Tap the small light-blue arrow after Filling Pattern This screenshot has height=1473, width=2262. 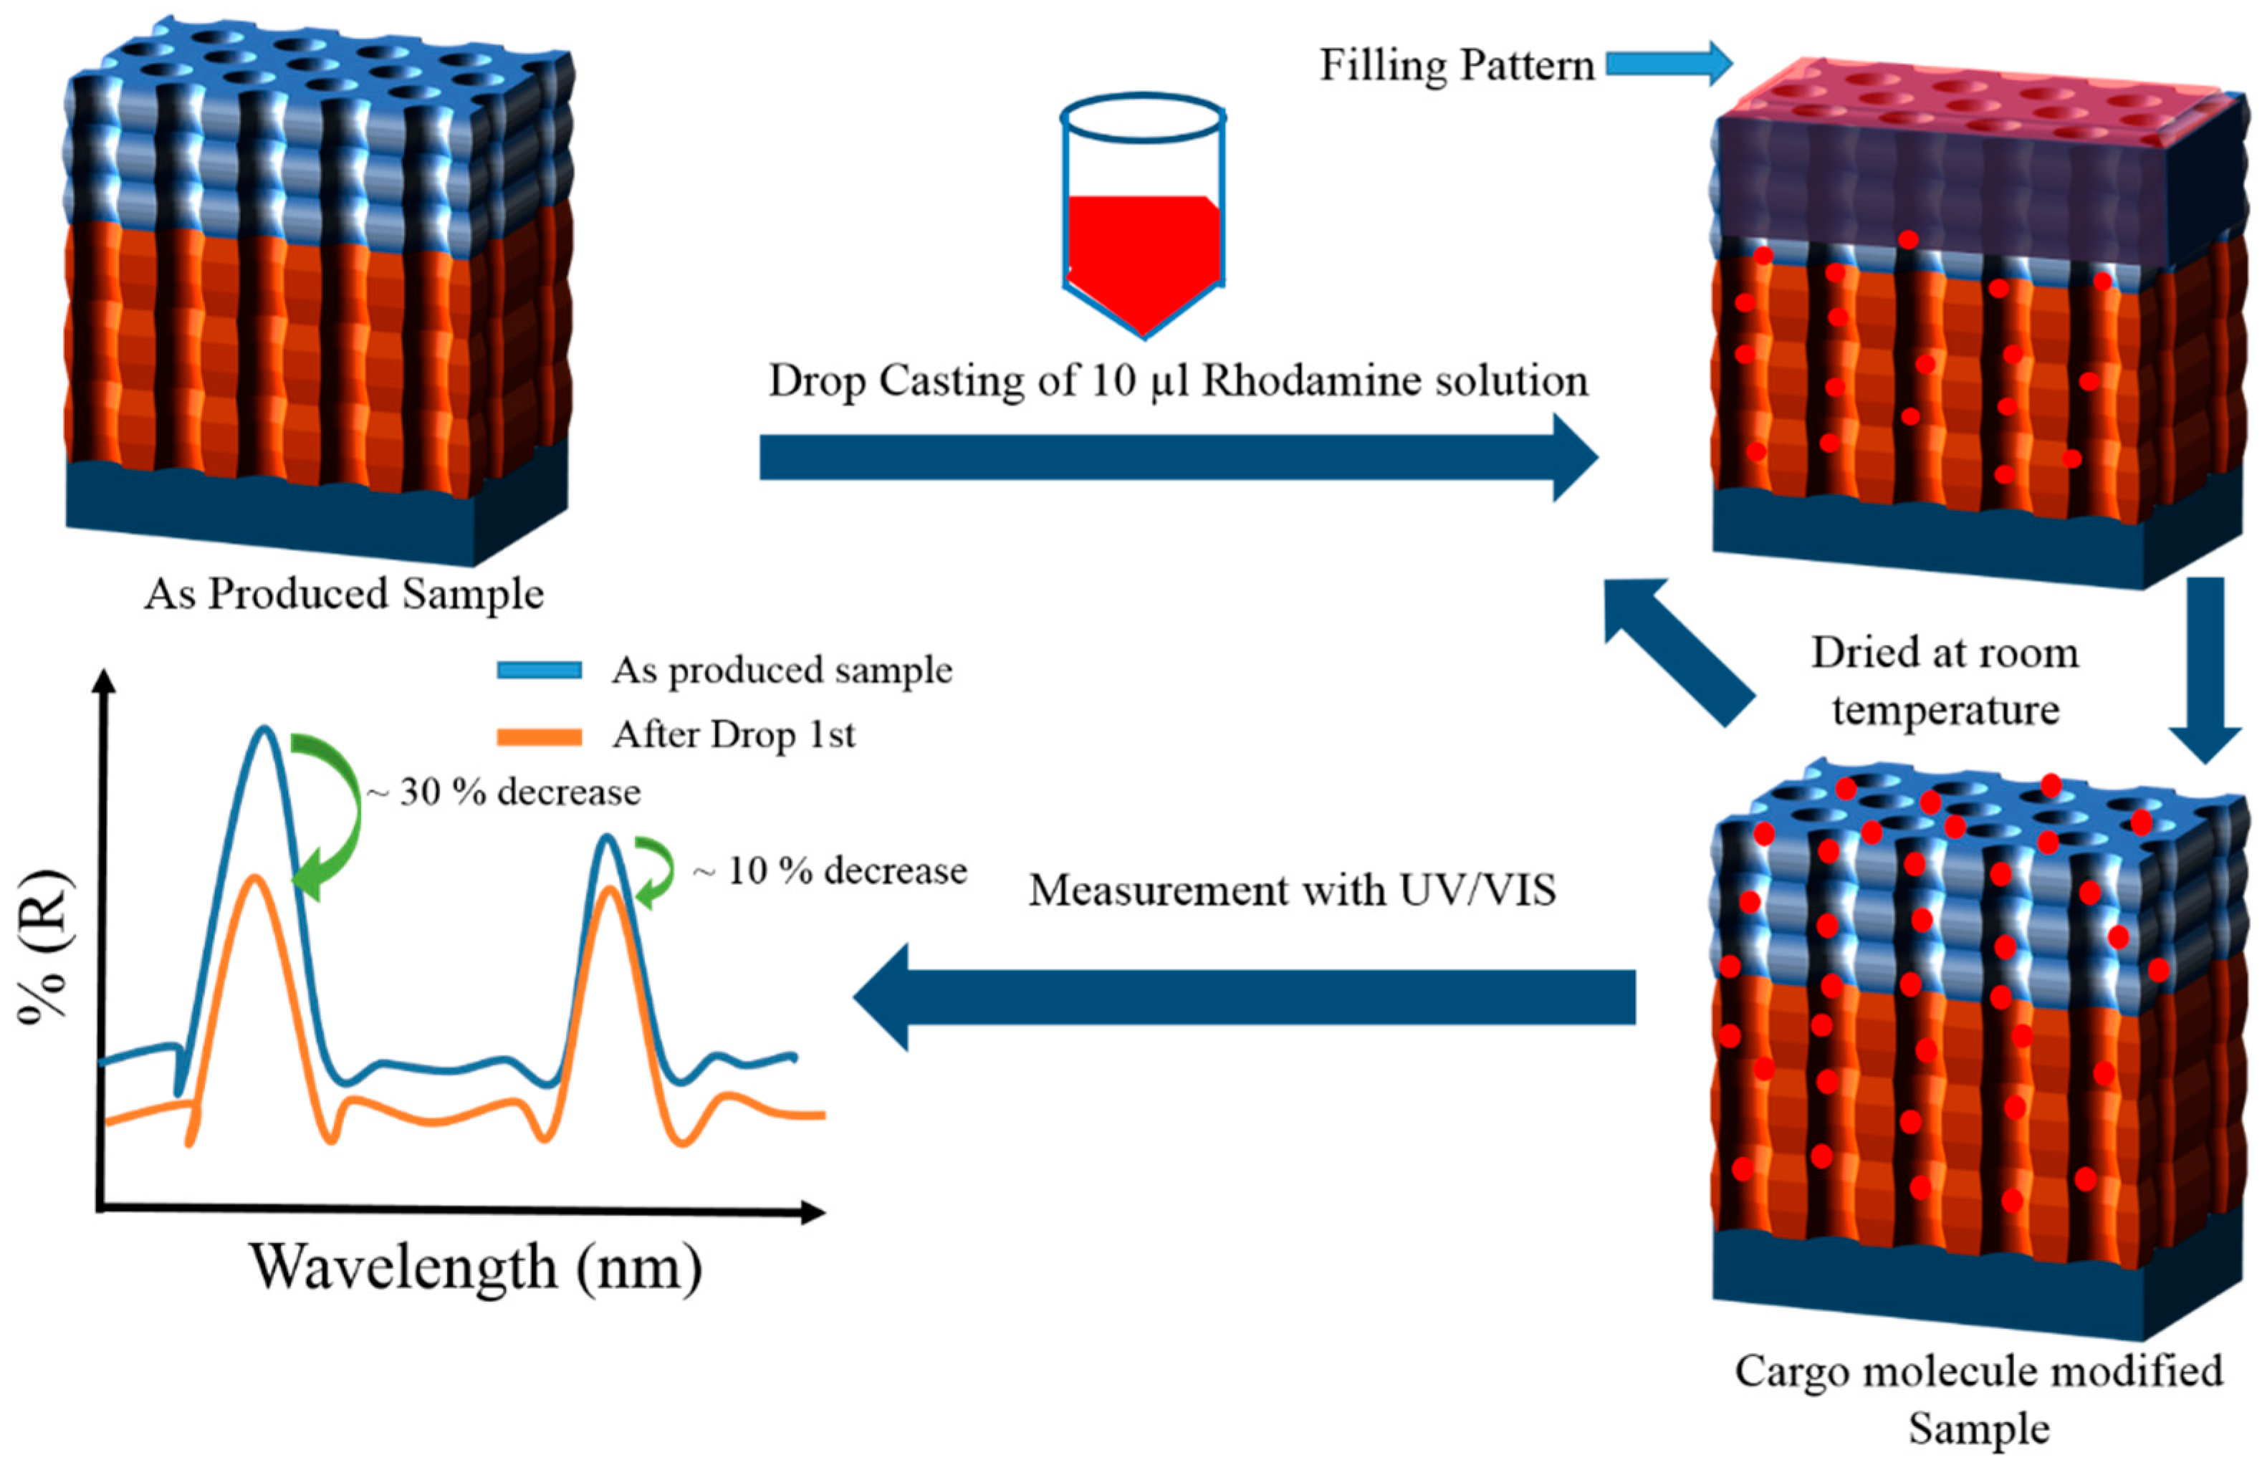1669,64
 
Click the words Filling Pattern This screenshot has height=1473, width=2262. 1456,66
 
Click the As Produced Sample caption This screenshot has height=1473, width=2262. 344,594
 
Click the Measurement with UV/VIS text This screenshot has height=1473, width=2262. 1292,891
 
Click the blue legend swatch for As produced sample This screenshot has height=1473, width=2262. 539,671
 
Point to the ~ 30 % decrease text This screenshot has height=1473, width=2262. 504,792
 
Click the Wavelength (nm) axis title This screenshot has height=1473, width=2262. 475,1267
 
